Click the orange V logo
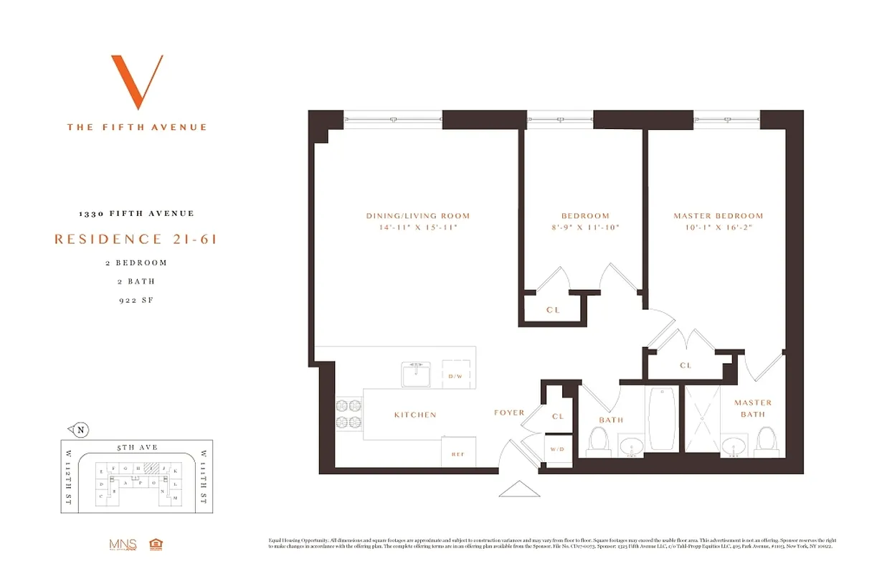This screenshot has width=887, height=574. [136, 82]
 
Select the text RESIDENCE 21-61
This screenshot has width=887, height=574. [136, 239]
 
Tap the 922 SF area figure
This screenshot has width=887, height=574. [136, 300]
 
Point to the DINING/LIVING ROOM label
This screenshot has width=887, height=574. [417, 216]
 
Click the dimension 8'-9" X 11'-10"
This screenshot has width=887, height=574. [585, 227]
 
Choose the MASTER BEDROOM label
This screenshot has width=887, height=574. [718, 216]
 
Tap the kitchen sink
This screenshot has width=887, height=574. [416, 375]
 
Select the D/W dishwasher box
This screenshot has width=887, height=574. [456, 375]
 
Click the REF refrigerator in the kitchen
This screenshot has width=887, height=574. [457, 452]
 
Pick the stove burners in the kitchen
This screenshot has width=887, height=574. [349, 414]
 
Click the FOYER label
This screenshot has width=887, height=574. [509, 413]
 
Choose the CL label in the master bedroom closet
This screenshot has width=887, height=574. [686, 365]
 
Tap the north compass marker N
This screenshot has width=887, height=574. [80, 430]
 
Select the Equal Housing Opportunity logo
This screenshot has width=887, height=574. [154, 544]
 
